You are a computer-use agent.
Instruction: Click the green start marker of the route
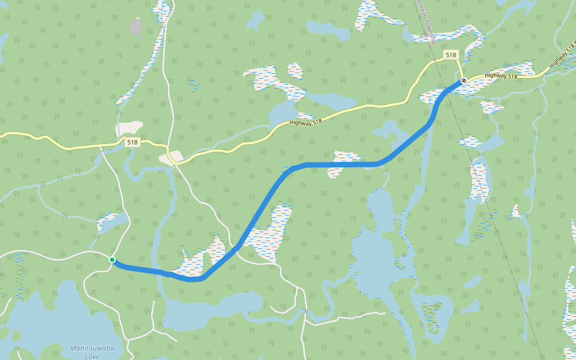(x=112, y=260)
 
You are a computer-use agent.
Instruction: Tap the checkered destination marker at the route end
(x=464, y=80)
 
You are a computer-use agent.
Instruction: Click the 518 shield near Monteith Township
(x=451, y=55)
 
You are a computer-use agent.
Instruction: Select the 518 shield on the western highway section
(x=133, y=142)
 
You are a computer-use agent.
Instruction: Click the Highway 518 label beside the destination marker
(x=501, y=76)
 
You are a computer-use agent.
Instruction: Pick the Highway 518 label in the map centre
(x=305, y=121)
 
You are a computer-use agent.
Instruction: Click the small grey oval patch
(x=136, y=27)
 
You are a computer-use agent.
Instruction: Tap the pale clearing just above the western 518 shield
(x=129, y=128)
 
